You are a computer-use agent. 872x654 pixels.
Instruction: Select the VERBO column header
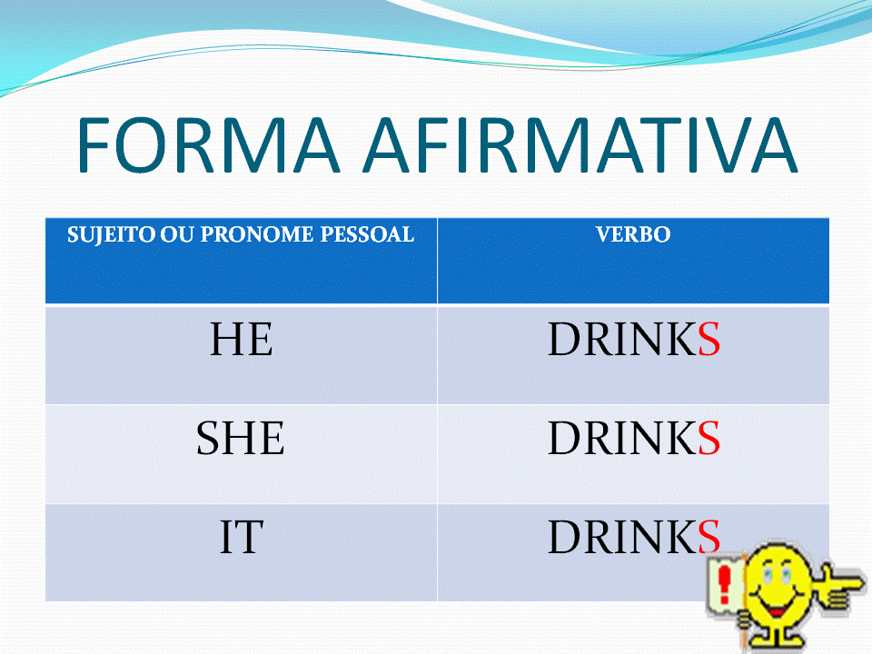point(633,234)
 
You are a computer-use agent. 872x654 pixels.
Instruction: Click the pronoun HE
point(241,340)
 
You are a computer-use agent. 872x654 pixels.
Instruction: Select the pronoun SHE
point(241,440)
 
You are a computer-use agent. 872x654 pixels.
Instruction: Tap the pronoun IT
point(241,538)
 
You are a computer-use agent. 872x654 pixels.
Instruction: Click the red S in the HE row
point(708,340)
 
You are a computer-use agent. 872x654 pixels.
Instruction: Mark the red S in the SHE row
point(708,440)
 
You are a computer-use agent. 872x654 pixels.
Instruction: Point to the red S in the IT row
point(708,538)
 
